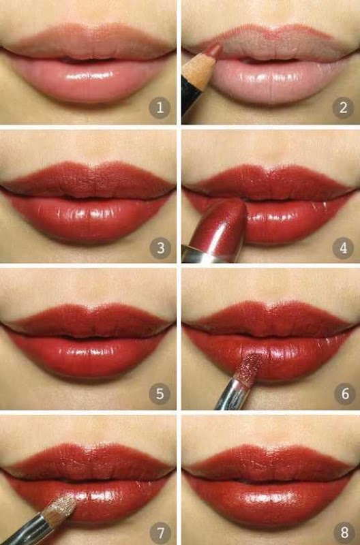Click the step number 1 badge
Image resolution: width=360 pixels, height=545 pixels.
pyautogui.click(x=160, y=108)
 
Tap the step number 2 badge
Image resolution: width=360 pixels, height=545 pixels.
pyautogui.click(x=343, y=108)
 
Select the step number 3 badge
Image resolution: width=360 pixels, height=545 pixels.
pyautogui.click(x=160, y=248)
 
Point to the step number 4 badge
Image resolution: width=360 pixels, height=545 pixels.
pyautogui.click(x=343, y=248)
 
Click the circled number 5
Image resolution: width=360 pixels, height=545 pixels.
pyautogui.click(x=160, y=394)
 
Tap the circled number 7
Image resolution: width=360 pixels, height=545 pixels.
pyautogui.click(x=160, y=533)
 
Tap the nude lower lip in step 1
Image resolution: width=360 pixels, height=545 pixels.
pyautogui.click(x=88, y=80)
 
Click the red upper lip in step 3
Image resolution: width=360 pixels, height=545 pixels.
pyautogui.click(x=88, y=179)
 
